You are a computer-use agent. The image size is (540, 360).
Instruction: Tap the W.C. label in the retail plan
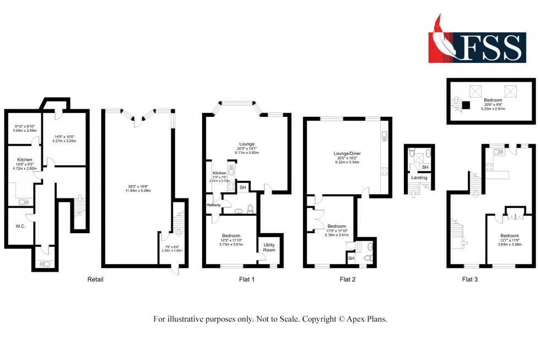(x=20, y=225)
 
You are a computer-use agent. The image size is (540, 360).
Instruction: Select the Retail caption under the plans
(x=95, y=280)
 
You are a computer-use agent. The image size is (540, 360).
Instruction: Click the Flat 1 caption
(x=246, y=280)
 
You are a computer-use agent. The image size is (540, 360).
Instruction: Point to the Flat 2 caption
(x=347, y=280)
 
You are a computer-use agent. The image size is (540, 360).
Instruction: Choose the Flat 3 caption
(x=469, y=280)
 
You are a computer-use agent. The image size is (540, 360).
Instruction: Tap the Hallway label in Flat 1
(x=213, y=205)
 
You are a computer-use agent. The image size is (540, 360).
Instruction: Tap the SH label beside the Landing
(x=424, y=167)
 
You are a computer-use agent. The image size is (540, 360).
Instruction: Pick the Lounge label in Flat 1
(x=246, y=144)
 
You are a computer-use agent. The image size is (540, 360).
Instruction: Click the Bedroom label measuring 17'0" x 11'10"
(x=336, y=226)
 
